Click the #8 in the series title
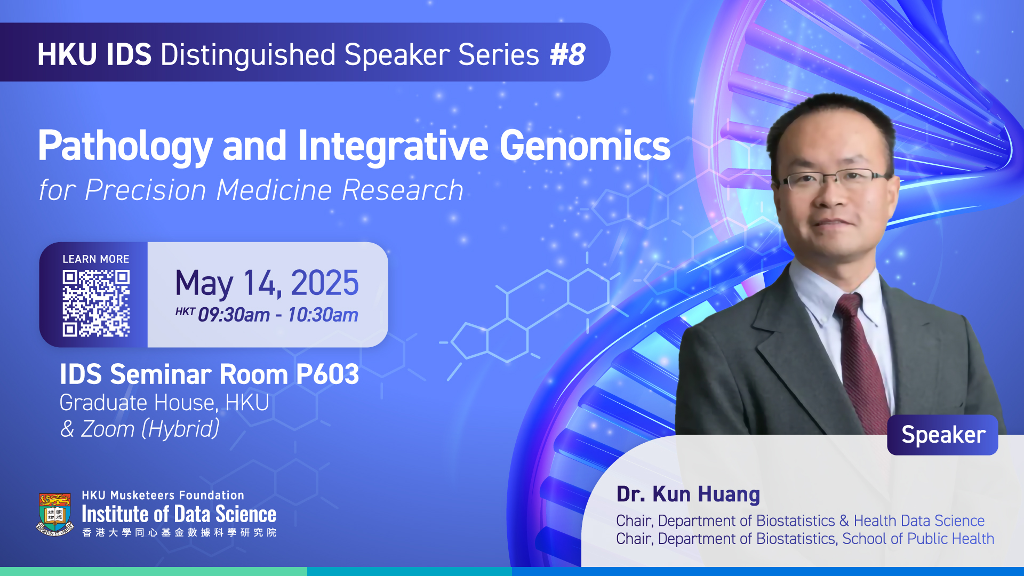click(567, 54)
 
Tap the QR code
click(96, 303)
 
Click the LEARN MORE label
click(96, 259)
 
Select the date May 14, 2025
click(267, 283)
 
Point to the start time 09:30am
click(234, 315)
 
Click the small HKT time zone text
click(185, 311)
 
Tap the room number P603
click(327, 374)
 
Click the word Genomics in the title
click(585, 146)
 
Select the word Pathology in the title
click(125, 146)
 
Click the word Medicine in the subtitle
click(274, 190)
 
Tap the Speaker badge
click(943, 435)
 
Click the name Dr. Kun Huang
click(688, 494)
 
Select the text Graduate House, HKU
click(164, 403)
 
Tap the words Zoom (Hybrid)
click(150, 429)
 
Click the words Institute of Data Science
click(179, 514)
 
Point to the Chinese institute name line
click(179, 532)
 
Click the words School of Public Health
click(918, 539)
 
